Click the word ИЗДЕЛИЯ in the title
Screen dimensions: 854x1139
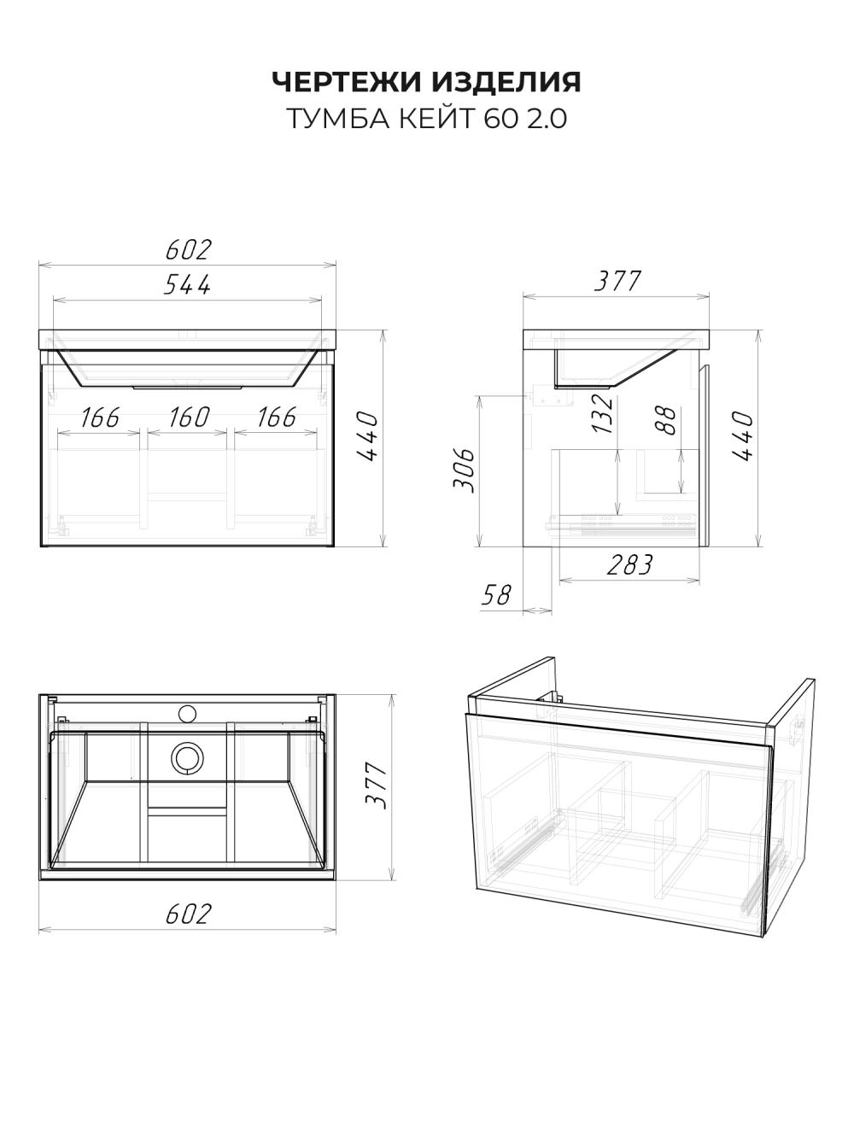pyautogui.click(x=507, y=82)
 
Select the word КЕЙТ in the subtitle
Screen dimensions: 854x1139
pyautogui.click(x=437, y=119)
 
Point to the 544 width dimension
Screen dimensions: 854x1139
pyautogui.click(x=187, y=284)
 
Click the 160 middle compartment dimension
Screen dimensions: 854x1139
pyautogui.click(x=189, y=418)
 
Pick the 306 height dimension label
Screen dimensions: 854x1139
pyautogui.click(x=464, y=470)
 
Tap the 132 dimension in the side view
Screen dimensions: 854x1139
pyautogui.click(x=602, y=413)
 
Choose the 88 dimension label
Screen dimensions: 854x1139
pyautogui.click(x=666, y=420)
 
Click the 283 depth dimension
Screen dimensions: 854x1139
pyautogui.click(x=629, y=565)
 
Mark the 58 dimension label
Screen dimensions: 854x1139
pyautogui.click(x=496, y=594)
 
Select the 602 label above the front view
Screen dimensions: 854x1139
pyautogui.click(x=189, y=249)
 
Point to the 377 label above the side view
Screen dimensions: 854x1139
pyautogui.click(x=617, y=281)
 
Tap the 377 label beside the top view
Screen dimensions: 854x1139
pyautogui.click(x=376, y=786)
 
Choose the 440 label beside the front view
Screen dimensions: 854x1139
pyautogui.click(x=367, y=436)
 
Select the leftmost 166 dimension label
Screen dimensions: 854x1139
pyautogui.click(x=100, y=418)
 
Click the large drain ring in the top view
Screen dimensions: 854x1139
pyautogui.click(x=187, y=758)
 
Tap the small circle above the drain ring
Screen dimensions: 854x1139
pyautogui.click(x=187, y=714)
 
